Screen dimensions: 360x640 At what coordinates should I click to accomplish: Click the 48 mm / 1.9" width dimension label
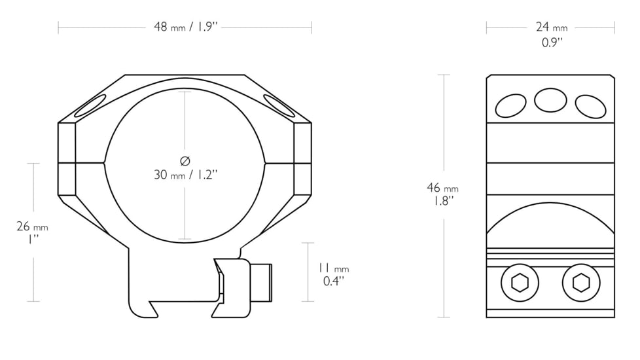coord(185,27)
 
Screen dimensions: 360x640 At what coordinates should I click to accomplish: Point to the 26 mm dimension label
coord(32,227)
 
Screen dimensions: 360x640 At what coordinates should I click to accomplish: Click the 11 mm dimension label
coord(333,268)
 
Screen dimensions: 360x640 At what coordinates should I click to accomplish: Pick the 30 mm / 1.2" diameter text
coord(185,175)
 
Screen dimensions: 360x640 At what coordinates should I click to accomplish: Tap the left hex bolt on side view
coord(520,283)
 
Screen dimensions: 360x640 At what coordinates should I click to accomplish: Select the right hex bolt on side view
coord(580,283)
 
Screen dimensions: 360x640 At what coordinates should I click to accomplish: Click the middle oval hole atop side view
coord(550,100)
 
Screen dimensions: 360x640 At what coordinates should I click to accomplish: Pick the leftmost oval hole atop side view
coord(510,105)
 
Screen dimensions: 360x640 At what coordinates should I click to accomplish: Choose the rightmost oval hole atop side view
coord(590,106)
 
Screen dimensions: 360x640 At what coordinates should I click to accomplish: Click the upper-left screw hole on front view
coord(90,105)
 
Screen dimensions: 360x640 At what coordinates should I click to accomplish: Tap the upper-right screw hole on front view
coord(279,105)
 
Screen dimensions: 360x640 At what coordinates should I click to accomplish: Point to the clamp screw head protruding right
coord(263,282)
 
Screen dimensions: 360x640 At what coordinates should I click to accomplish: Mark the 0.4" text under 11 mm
coord(333,281)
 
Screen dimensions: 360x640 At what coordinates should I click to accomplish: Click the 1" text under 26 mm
coord(31,240)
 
